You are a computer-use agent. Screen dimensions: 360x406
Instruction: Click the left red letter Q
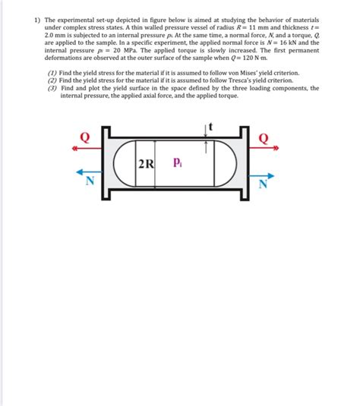84,137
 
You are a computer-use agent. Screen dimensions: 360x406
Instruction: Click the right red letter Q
264,138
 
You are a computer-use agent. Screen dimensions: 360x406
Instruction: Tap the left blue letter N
90,180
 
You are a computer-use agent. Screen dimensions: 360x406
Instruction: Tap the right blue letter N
264,183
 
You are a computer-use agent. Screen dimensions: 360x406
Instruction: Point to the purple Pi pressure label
177,162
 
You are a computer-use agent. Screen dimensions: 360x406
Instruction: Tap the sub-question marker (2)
52,79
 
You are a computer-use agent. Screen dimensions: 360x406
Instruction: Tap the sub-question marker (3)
52,87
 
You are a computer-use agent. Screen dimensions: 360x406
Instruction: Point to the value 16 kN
276,42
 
